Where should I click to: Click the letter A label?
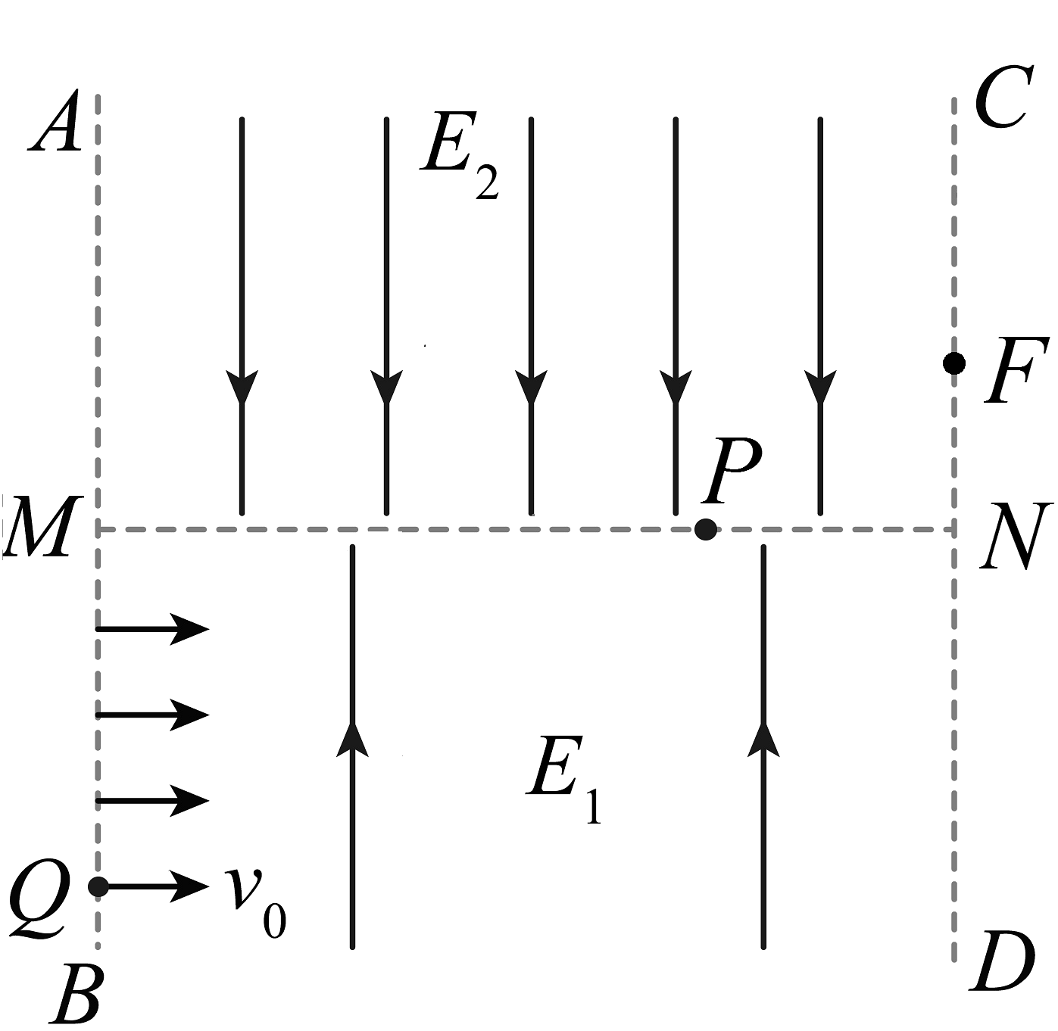(55, 123)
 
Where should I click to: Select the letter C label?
(1002, 98)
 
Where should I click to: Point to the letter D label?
(1003, 962)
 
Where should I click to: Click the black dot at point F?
(954, 363)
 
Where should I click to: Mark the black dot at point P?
(705, 529)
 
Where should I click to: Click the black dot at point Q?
(98, 886)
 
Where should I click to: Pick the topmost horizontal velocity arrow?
(151, 628)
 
